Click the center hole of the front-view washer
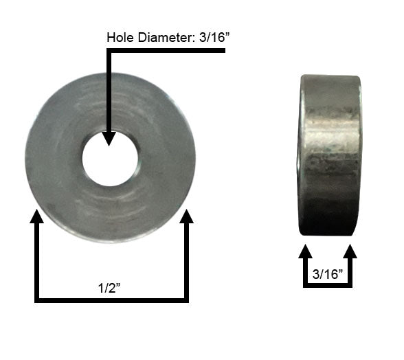click(x=110, y=160)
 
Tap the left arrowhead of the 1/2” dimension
click(x=36, y=218)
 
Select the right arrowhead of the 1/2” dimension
click(x=186, y=218)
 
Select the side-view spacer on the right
click(x=329, y=155)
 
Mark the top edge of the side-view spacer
click(x=330, y=77)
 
